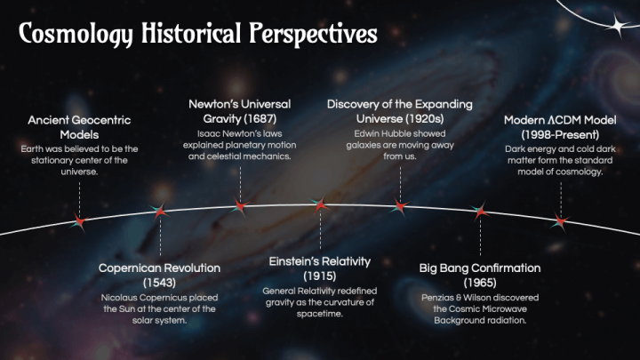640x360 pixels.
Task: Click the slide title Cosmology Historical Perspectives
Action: pyautogui.click(x=197, y=34)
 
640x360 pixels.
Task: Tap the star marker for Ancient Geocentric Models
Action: pyautogui.click(x=79, y=220)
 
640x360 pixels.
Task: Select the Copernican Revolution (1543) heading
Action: pyautogui.click(x=159, y=275)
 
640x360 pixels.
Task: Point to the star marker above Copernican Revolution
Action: pyautogui.click(x=160, y=210)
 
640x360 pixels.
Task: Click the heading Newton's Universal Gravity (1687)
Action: pyautogui.click(x=239, y=111)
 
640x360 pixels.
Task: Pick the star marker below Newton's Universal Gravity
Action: pyautogui.click(x=239, y=206)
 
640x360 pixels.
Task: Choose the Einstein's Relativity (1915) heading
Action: pyautogui.click(x=319, y=268)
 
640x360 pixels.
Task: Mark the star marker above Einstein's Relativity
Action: pyautogui.click(x=320, y=204)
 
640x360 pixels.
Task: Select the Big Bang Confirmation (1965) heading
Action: pyautogui.click(x=479, y=275)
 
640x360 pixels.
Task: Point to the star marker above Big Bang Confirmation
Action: pyautogui.click(x=480, y=212)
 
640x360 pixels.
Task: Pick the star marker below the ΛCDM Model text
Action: pyautogui.click(x=560, y=220)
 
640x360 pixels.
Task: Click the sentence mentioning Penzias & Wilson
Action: pyautogui.click(x=479, y=308)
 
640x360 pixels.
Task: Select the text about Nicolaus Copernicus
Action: pyautogui.click(x=159, y=308)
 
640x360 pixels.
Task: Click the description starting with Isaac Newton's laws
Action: pyautogui.click(x=239, y=143)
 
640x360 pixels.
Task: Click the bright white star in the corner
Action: pyautogui.click(x=615, y=27)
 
